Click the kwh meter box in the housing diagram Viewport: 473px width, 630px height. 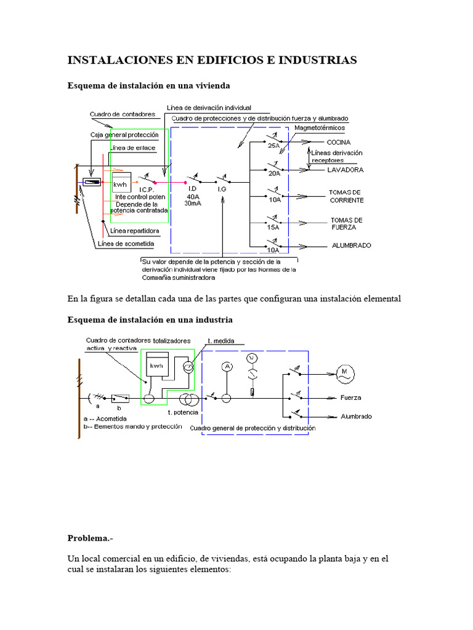coord(121,183)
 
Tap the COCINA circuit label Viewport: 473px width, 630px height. coord(338,142)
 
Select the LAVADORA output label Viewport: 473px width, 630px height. coord(346,169)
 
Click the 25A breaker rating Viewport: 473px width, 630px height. coord(273,146)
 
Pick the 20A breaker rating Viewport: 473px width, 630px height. coord(273,173)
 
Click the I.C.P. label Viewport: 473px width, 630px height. coord(147,189)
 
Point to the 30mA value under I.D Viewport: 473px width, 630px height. coord(193,204)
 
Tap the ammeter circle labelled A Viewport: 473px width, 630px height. coord(227,366)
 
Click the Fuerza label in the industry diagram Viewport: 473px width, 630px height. coord(351,397)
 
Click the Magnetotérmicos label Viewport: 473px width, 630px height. coord(319,127)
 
